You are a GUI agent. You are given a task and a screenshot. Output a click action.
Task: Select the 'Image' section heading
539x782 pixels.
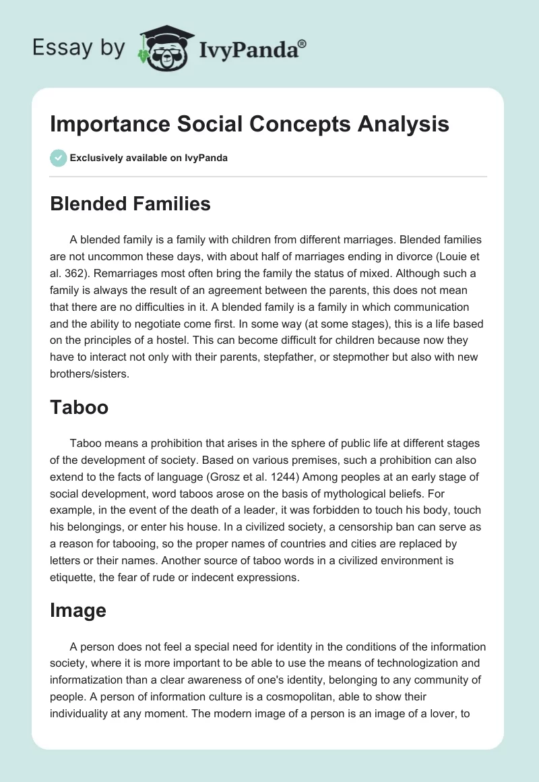pos(78,610)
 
